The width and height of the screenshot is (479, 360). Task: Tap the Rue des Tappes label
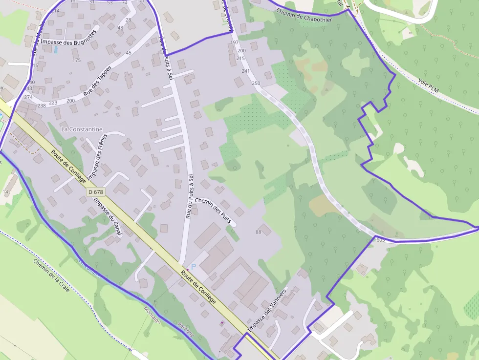click(97, 80)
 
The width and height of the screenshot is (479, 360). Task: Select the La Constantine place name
click(82, 129)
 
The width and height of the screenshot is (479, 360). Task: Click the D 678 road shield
click(96, 192)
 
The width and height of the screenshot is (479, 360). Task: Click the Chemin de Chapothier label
click(304, 15)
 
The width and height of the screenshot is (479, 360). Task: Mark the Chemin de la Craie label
click(51, 275)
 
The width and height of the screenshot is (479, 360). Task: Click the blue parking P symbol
click(193, 267)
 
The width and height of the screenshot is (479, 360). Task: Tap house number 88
click(258, 232)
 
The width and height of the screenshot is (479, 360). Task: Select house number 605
click(381, 240)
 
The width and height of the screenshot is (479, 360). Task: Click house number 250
click(256, 83)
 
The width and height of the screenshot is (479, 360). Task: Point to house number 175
click(76, 60)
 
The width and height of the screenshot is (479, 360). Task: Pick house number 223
click(53, 103)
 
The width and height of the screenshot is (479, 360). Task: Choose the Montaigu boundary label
click(153, 314)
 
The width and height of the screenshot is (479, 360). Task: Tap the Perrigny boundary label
click(186, 330)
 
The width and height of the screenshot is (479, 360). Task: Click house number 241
click(245, 71)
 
